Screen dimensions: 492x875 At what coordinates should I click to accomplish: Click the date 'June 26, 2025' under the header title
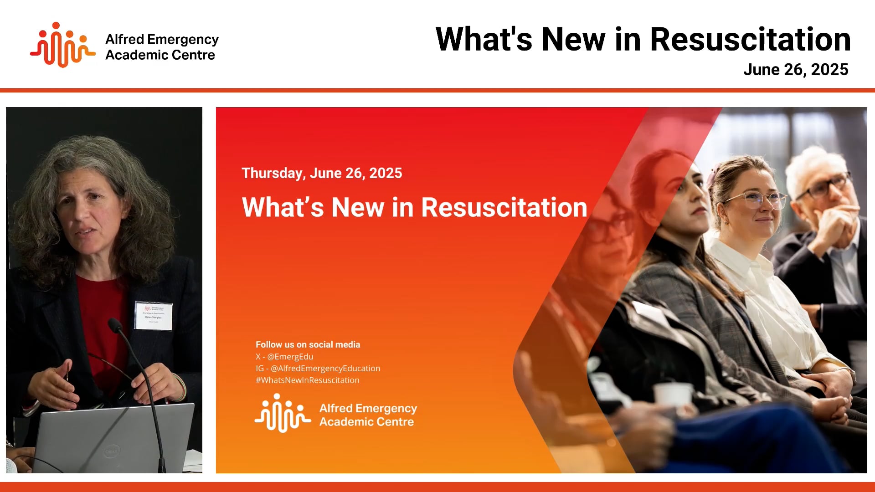click(795, 70)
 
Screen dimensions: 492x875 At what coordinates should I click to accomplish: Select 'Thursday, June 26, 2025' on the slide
click(322, 173)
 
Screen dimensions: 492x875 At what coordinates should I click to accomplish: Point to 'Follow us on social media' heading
click(308, 345)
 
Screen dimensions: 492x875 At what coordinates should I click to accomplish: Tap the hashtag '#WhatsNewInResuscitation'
click(307, 380)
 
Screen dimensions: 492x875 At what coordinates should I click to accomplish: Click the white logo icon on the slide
click(283, 413)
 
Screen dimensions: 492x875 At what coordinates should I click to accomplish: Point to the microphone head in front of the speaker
click(114, 325)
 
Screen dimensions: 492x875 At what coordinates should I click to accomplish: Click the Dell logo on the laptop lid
click(112, 451)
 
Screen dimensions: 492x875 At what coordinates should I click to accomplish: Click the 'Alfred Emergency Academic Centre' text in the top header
click(162, 47)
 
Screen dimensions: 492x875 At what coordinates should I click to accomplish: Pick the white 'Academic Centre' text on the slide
click(366, 422)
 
